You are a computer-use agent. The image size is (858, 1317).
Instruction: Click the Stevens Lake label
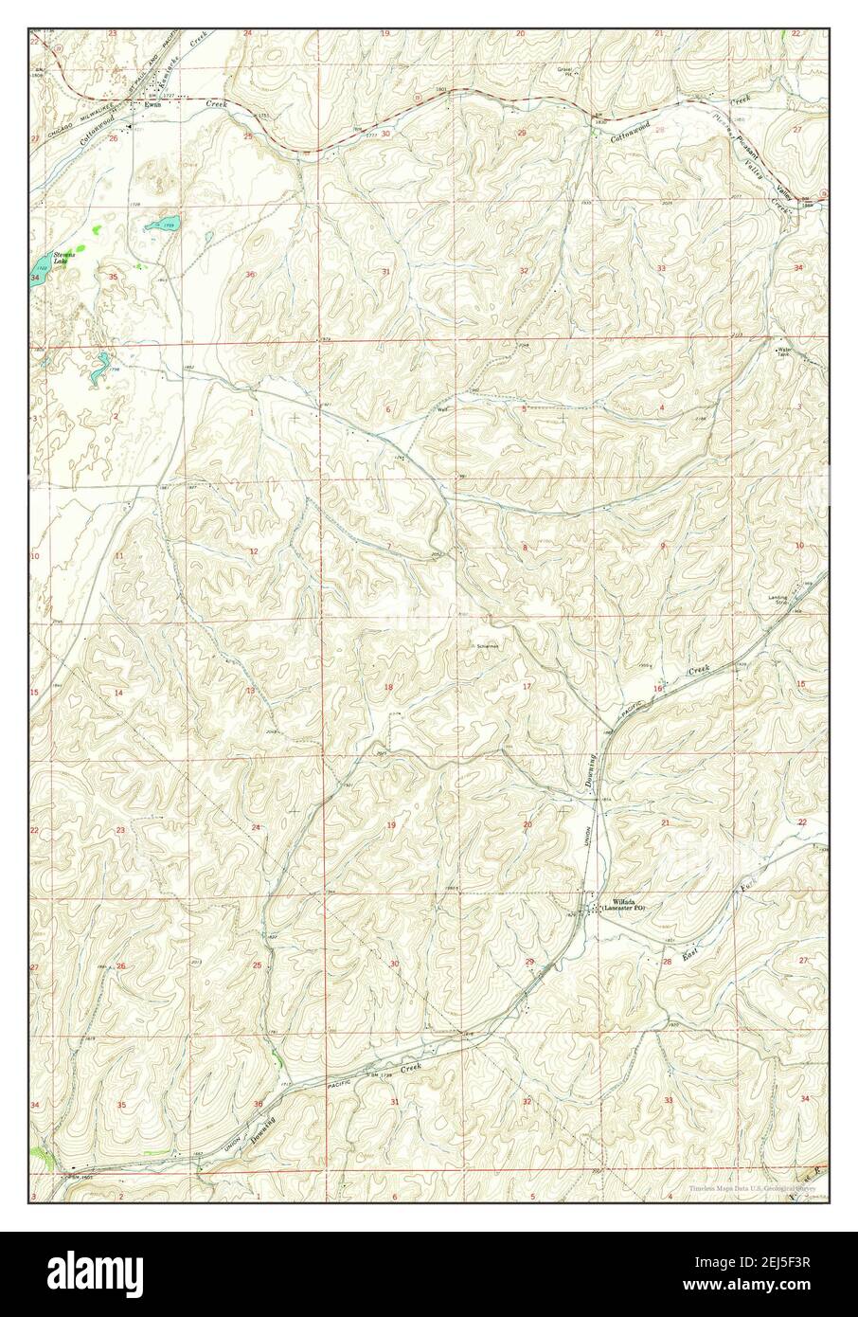[64, 258]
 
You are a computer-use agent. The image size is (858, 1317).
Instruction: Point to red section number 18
[387, 687]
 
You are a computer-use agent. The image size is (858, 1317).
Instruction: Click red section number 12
[253, 550]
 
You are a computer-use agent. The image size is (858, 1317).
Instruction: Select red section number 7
[388, 547]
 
